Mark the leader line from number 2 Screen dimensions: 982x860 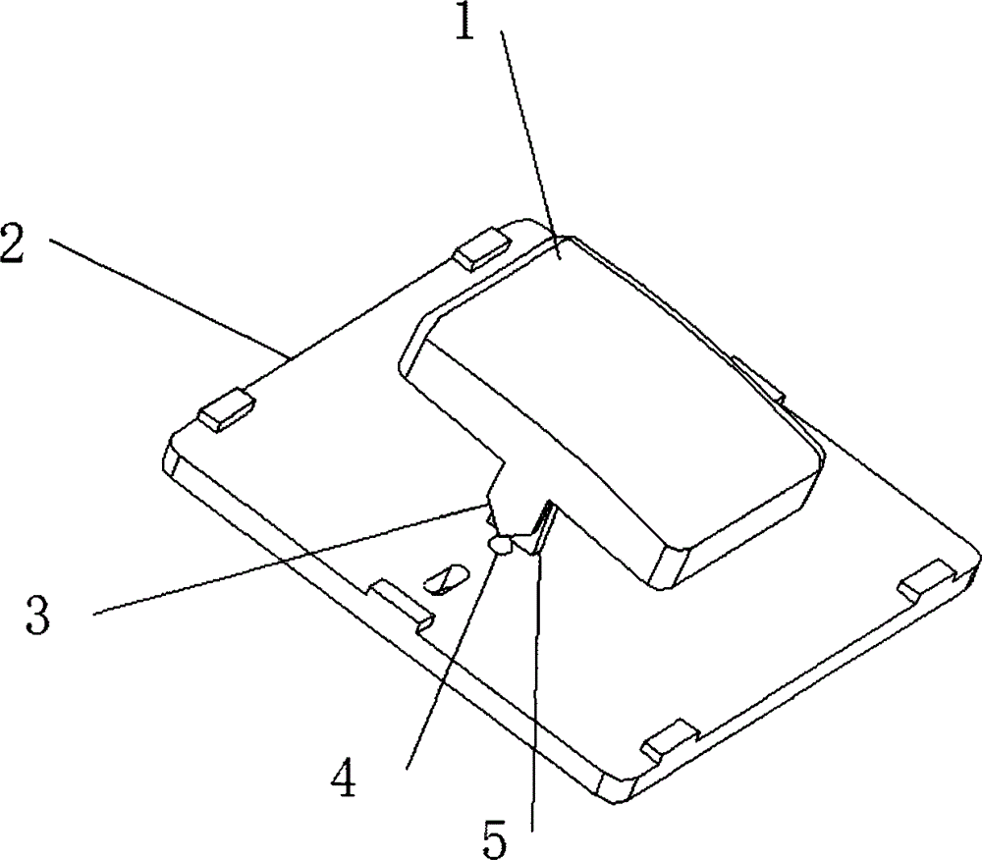[167, 295]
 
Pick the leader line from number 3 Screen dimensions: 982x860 [295, 560]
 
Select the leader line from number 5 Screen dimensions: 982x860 [535, 687]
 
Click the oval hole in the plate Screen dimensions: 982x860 [444, 579]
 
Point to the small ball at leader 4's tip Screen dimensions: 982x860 [500, 545]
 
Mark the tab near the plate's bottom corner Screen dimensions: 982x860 [668, 739]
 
